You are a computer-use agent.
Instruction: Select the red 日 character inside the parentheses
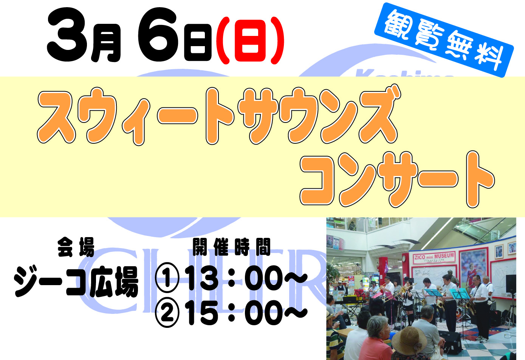(x=250, y=40)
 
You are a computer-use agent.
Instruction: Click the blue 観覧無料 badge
(x=444, y=40)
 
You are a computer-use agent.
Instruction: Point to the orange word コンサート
(x=397, y=179)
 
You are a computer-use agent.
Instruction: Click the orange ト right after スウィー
(x=219, y=116)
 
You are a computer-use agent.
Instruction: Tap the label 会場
(x=76, y=247)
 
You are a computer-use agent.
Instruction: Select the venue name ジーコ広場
(x=76, y=282)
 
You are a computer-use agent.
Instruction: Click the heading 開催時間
(x=231, y=247)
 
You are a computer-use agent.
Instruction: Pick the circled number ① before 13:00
(x=167, y=278)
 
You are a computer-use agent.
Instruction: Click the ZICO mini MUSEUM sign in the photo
(x=434, y=258)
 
